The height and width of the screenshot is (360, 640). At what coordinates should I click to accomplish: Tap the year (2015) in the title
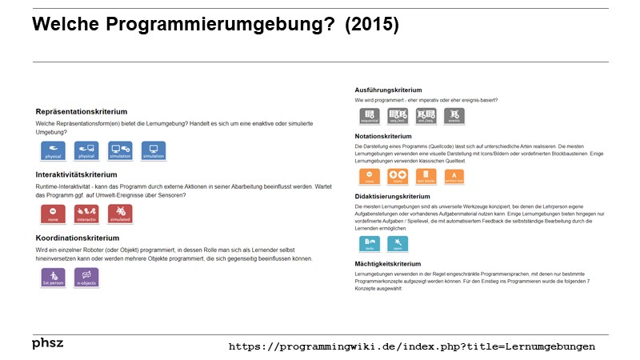pyautogui.click(x=371, y=25)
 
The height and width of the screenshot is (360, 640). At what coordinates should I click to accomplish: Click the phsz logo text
pyautogui.click(x=47, y=343)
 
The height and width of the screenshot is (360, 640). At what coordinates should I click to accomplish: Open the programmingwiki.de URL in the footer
pyautogui.click(x=412, y=346)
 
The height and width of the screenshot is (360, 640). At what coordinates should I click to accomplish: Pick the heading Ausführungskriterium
pyautogui.click(x=388, y=90)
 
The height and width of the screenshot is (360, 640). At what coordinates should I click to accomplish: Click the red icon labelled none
pyautogui.click(x=53, y=214)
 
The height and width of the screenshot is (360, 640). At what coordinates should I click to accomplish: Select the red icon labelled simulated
pyautogui.click(x=119, y=214)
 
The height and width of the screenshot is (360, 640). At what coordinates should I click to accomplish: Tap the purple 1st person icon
pyautogui.click(x=53, y=277)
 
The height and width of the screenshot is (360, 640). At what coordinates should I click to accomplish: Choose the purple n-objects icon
pyautogui.click(x=86, y=277)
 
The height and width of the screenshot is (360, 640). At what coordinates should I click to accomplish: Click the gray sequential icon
pyautogui.click(x=370, y=116)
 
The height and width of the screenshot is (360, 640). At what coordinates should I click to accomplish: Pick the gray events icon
pyautogui.click(x=454, y=116)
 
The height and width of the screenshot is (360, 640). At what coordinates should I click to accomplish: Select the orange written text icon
pyautogui.click(x=454, y=176)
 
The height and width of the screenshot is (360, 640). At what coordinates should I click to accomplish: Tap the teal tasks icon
pyautogui.click(x=370, y=242)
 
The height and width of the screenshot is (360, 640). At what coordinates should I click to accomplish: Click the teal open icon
pyautogui.click(x=398, y=242)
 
